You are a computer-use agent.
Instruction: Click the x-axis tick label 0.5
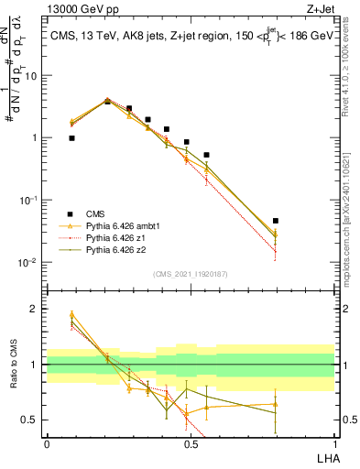click(x=191, y=443)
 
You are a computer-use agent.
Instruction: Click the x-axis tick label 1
click(x=334, y=443)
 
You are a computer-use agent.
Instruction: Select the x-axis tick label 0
click(x=47, y=443)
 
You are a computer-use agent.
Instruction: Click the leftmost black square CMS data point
click(x=71, y=138)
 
